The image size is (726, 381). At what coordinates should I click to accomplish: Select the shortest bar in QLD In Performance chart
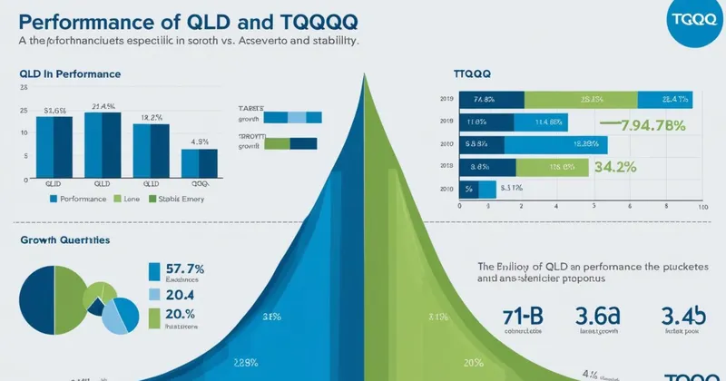point(199,162)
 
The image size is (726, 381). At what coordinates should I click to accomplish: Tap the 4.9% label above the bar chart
point(201,142)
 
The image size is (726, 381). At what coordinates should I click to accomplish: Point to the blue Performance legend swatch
point(54,198)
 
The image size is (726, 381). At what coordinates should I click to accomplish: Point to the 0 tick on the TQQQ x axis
point(461,208)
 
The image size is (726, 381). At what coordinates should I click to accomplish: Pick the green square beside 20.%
point(154,317)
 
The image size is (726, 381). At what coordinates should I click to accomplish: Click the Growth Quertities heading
point(64,240)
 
